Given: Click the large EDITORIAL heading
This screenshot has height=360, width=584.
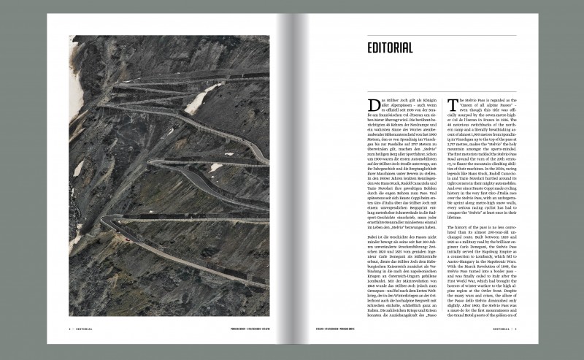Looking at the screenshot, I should click(x=391, y=49).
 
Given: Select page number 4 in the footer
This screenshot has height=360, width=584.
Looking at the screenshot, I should click(x=69, y=329).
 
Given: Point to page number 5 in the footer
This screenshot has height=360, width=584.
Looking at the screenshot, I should click(x=515, y=329).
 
